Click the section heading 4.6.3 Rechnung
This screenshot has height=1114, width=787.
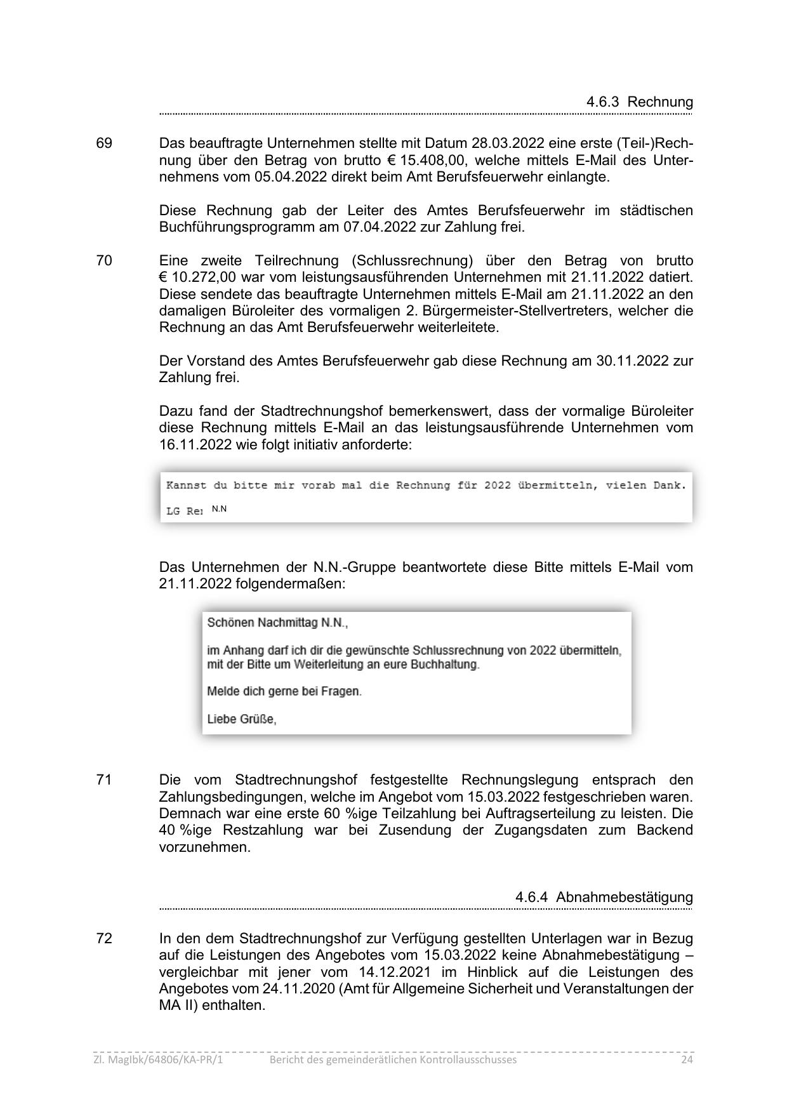pyautogui.click(x=639, y=102)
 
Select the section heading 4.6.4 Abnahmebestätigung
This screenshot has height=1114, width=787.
pyautogui.click(x=604, y=897)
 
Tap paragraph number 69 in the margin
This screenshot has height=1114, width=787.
pyautogui.click(x=104, y=143)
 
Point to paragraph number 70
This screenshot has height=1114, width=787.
pyautogui.click(x=104, y=261)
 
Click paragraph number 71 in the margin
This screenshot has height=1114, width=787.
pyautogui.click(x=104, y=780)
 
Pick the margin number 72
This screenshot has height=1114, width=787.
pyautogui.click(x=104, y=939)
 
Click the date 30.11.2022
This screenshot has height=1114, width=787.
pyautogui.click(x=632, y=361)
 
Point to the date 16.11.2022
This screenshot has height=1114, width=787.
pyautogui.click(x=195, y=444)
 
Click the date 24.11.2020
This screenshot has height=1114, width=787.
pyautogui.click(x=298, y=989)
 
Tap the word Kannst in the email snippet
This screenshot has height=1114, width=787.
pyautogui.click(x=186, y=486)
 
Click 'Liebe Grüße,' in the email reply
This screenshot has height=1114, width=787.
pyautogui.click(x=242, y=720)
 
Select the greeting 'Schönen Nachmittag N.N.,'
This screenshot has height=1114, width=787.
pyautogui.click(x=277, y=623)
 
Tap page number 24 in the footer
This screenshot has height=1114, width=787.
pyautogui.click(x=687, y=1060)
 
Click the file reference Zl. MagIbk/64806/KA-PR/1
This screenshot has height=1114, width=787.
pyautogui.click(x=159, y=1060)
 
